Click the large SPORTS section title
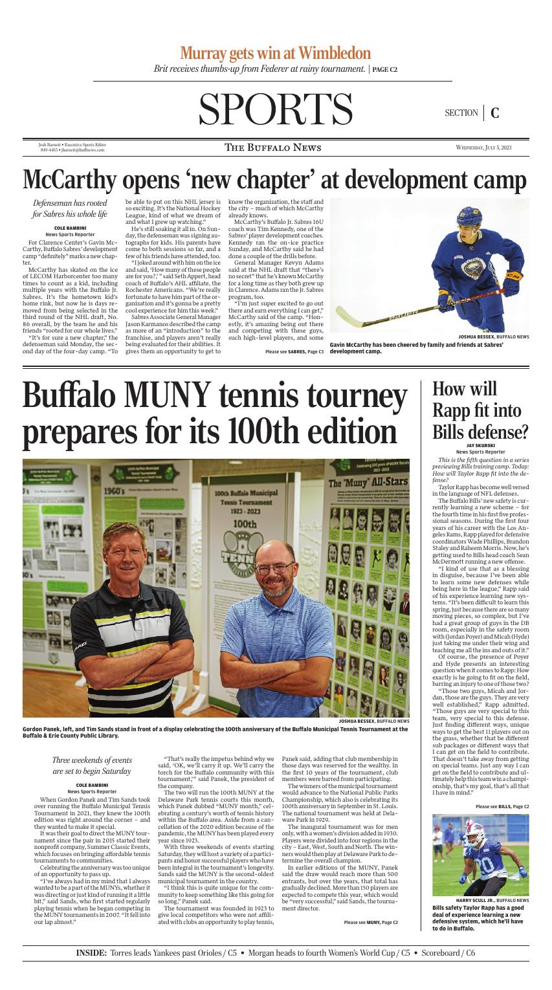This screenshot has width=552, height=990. [x=275, y=111]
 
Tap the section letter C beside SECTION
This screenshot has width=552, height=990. [x=495, y=113]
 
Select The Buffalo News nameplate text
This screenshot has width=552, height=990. [x=272, y=148]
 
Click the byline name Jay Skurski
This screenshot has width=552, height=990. [x=480, y=446]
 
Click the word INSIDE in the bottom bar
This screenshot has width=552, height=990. [x=91, y=953]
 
